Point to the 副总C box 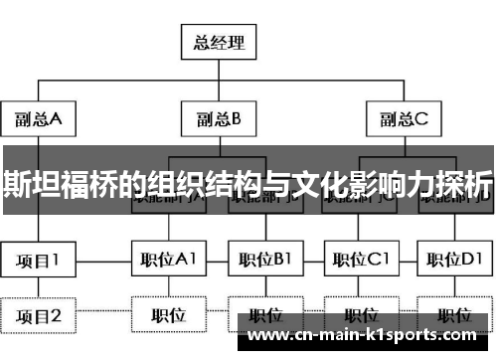404,119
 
